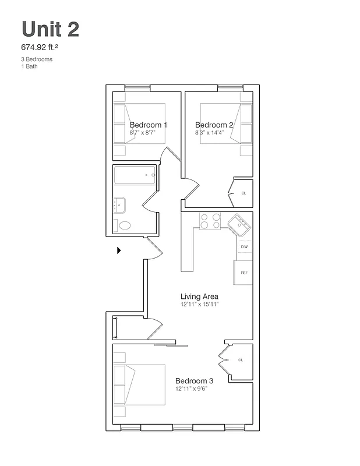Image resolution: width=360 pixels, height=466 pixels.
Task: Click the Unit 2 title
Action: pos(50,29)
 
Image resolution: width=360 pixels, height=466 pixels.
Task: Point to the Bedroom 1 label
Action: pos(149,125)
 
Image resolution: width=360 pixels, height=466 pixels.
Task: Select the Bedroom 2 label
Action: pos(214,125)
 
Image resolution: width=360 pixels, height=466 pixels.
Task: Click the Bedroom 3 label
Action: pos(195,381)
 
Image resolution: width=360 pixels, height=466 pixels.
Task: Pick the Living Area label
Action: pos(199,296)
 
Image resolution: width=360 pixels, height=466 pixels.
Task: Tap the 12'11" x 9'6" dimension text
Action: pos(192,389)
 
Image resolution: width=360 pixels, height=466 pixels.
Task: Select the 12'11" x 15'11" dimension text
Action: pos(199,304)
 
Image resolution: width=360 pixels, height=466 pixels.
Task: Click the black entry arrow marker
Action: pos(119,250)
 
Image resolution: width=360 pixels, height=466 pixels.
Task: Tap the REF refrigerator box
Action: pos(244,273)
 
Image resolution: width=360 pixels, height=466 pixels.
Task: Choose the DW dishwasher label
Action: pos(245,247)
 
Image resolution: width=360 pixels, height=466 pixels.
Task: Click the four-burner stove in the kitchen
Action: pos(210,221)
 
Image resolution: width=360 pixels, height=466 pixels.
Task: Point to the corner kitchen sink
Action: pos(239,224)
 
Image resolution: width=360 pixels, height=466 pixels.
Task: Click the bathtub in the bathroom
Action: pos(135,175)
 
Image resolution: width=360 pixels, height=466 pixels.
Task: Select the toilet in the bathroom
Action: pos(125,225)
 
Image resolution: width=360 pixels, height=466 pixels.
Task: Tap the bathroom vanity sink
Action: pos(119,204)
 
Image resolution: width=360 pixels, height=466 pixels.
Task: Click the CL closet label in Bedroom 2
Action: pos(243,193)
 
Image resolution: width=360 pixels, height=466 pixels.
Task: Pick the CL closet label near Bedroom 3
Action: pos(240,361)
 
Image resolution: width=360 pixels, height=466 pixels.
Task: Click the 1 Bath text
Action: pos(29,66)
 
